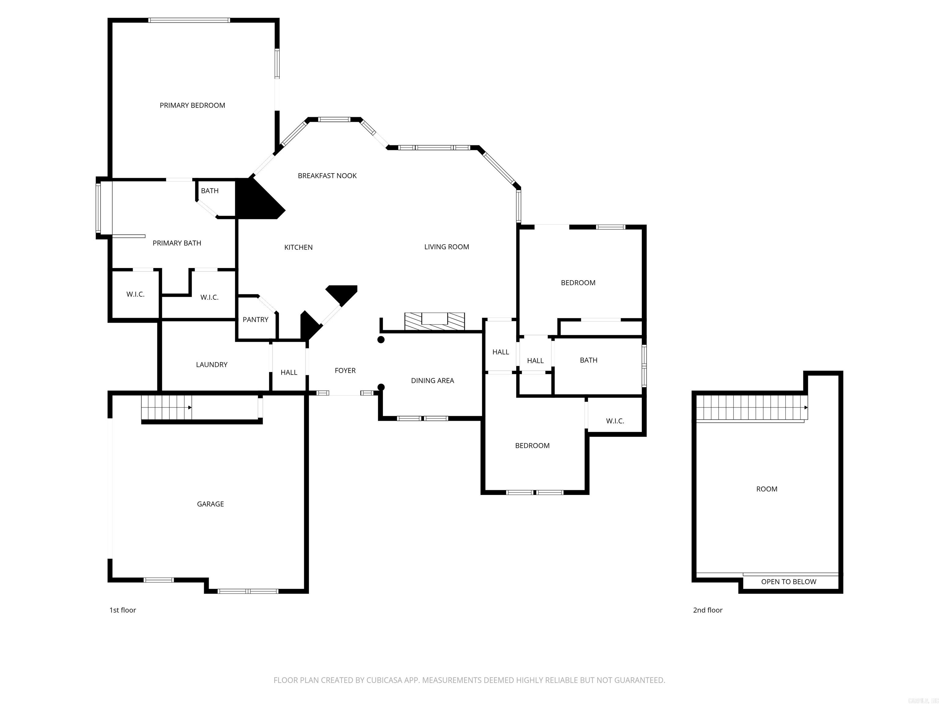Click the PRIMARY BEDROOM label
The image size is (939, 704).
click(x=192, y=105)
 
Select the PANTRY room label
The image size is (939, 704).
click(x=255, y=320)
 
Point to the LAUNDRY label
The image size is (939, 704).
click(x=212, y=365)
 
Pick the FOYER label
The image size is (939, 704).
click(x=345, y=370)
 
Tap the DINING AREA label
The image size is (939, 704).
click(x=432, y=381)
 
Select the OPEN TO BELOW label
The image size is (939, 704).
click(x=788, y=581)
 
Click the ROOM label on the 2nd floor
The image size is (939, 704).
click(x=767, y=489)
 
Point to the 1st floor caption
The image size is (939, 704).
click(x=123, y=610)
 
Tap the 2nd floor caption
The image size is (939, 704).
click(x=708, y=610)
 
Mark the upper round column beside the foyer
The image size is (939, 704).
click(x=381, y=339)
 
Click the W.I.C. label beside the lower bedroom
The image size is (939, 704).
click(x=615, y=421)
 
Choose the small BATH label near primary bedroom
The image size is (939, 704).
click(x=210, y=191)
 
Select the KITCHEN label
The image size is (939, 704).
click(x=298, y=248)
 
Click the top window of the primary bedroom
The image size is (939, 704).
click(x=189, y=20)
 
